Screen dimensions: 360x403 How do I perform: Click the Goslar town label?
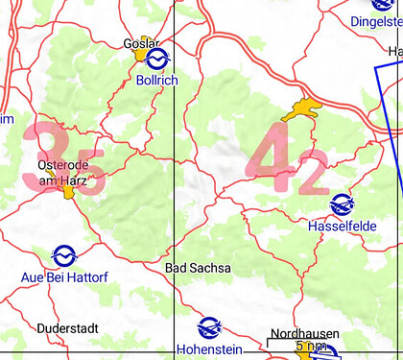point(140,43)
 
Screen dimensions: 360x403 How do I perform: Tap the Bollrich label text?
point(156,81)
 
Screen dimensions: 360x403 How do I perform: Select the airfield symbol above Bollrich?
point(158,59)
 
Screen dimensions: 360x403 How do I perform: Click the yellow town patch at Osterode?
point(69,191)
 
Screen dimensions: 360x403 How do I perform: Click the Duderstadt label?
point(67,328)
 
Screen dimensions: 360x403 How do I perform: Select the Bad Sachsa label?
point(198,269)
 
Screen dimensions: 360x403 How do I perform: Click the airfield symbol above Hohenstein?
point(208,326)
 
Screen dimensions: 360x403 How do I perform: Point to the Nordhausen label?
point(304,333)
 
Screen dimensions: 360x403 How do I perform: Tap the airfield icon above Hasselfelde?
point(341,204)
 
